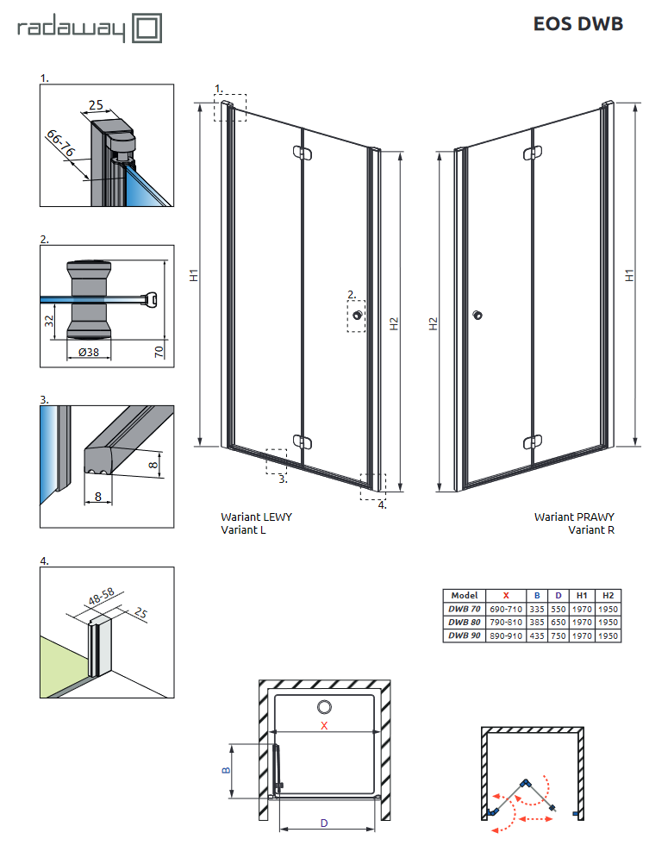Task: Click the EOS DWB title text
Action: [578, 24]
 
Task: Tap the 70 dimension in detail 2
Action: [160, 351]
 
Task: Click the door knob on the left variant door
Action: [354, 316]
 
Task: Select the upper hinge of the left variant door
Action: [301, 153]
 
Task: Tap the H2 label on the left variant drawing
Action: [394, 325]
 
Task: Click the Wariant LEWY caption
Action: [256, 517]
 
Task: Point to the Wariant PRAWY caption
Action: [574, 517]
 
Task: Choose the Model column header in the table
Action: [464, 596]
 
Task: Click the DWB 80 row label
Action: [464, 622]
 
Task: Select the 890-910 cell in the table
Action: [506, 635]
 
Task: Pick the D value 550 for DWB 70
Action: [559, 609]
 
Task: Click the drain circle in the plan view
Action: [324, 707]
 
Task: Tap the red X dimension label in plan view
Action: [324, 726]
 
